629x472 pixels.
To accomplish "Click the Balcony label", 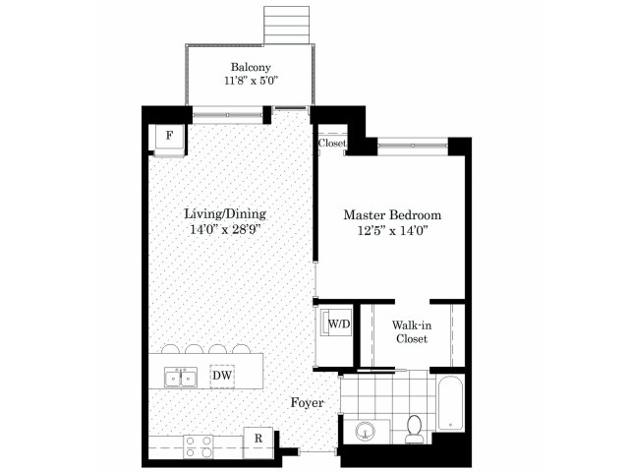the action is point(251,67).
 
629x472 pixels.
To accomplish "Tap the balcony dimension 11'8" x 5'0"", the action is point(252,81).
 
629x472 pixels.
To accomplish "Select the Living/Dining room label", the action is point(225,213).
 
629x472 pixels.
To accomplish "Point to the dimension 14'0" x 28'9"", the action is point(225,229).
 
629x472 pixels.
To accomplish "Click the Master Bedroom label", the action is point(392,215).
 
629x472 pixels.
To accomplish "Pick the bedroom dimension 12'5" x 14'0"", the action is point(392,231).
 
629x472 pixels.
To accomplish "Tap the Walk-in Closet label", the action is point(412,331).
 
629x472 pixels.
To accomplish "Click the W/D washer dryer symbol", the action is point(336,324).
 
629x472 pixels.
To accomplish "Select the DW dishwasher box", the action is point(222,376).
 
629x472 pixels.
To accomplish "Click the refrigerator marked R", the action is point(258,442).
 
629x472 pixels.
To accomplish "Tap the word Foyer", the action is point(307,402).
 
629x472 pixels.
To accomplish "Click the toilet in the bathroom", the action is point(414,430).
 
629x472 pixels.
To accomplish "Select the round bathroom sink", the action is point(366,432).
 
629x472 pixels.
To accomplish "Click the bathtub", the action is point(450,403).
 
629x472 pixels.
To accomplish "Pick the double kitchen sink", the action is point(181,378).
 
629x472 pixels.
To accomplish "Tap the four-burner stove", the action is point(199,446).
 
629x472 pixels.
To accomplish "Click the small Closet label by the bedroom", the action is point(332,143).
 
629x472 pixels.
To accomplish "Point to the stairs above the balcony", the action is point(286,25).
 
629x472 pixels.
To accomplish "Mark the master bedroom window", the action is point(413,146).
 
